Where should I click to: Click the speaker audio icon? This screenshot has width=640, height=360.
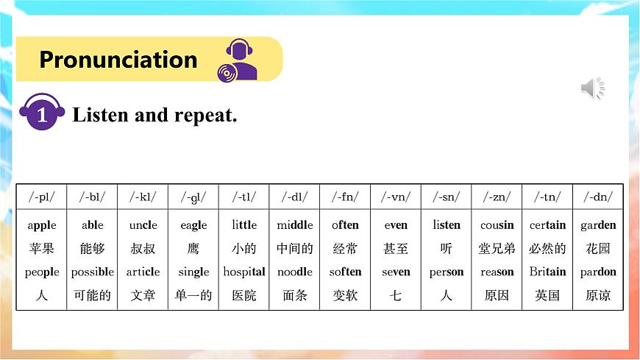[x=592, y=88]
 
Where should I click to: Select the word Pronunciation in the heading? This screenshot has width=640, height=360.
[x=118, y=60]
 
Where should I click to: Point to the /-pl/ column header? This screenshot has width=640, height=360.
[x=41, y=197]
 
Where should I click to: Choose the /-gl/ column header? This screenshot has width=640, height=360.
[x=193, y=197]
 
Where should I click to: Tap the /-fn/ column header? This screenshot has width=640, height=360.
[x=345, y=197]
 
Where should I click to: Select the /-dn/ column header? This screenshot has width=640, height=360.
[x=598, y=197]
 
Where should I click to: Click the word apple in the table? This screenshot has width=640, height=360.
[x=42, y=225]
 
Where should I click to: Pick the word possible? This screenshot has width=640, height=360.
[x=93, y=272]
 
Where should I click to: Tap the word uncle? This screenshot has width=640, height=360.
[x=143, y=225]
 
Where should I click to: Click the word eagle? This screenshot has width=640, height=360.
[x=193, y=225]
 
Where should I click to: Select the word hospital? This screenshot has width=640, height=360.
[x=244, y=272]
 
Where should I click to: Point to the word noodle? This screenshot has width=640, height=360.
[x=295, y=272]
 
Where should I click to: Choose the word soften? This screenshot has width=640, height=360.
[x=345, y=272]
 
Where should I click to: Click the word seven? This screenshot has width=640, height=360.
[x=396, y=272]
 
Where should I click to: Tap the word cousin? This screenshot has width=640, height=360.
[x=497, y=225]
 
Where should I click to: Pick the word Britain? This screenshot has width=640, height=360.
[x=547, y=272]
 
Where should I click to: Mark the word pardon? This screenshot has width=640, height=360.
[x=598, y=272]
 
